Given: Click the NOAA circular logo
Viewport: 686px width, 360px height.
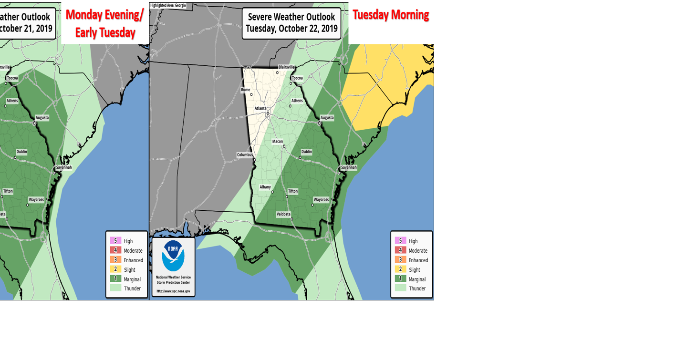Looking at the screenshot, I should click(173, 256).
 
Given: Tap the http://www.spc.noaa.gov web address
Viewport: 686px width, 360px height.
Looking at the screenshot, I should click(173, 291).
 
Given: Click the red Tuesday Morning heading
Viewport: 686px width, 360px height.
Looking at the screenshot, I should click(391, 15).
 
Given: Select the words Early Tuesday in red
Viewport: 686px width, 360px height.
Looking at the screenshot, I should click(105, 32).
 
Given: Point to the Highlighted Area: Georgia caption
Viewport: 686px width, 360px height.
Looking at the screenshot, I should click(168, 6).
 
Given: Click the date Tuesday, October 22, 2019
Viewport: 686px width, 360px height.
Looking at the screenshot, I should click(291, 29).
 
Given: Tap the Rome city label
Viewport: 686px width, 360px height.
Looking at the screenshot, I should click(246, 90).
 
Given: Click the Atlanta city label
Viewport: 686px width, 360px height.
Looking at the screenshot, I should click(260, 108).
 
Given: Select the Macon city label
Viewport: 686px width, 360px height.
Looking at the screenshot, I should click(278, 141).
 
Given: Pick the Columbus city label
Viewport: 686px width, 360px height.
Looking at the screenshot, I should click(245, 155).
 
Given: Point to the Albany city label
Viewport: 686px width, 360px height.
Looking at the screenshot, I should click(265, 187).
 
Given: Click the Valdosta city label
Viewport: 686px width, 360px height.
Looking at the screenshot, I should click(283, 214).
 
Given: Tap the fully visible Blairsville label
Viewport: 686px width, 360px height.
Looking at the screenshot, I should click(287, 67).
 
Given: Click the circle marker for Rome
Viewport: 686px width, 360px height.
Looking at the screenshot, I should click(251, 94).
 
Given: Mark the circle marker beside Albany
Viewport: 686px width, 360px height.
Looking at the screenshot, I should click(272, 192).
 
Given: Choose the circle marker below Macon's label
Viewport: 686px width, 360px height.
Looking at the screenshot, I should click(284, 146).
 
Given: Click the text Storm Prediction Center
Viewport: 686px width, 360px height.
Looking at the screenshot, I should click(173, 282).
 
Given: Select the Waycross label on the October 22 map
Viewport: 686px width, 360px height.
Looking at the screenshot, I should click(321, 200).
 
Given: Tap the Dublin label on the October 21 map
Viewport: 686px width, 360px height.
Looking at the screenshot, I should click(21, 152).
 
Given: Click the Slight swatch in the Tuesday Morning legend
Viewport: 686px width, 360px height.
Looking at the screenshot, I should click(400, 269).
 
